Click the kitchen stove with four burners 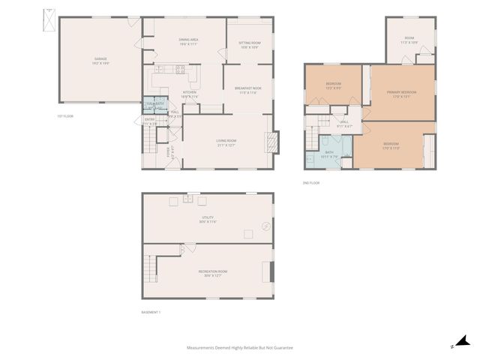pyautogui.click(x=180, y=70)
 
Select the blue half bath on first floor pyautogui.click(x=154, y=104)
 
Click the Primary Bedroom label pyautogui.click(x=401, y=94)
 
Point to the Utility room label pyautogui.click(x=208, y=220)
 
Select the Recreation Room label pyautogui.click(x=212, y=273)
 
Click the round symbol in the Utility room pyautogui.click(x=264, y=227)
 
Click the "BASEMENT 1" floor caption pyautogui.click(x=151, y=312)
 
